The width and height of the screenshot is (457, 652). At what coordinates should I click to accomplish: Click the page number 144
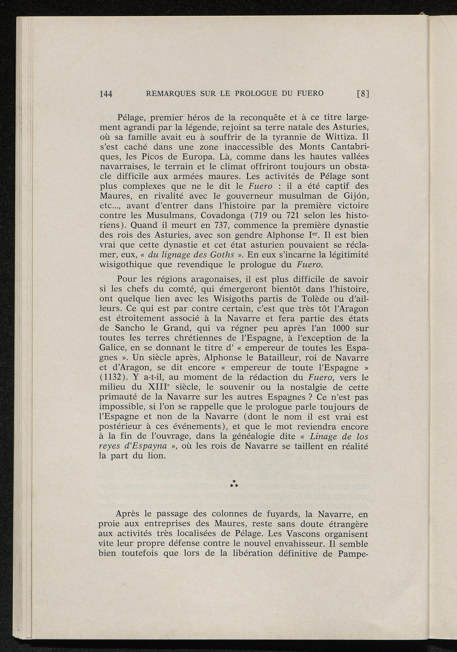click(x=105, y=94)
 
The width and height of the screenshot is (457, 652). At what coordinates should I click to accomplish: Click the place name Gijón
click(x=356, y=196)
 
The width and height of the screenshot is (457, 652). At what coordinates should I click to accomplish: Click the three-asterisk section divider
click(x=233, y=483)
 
